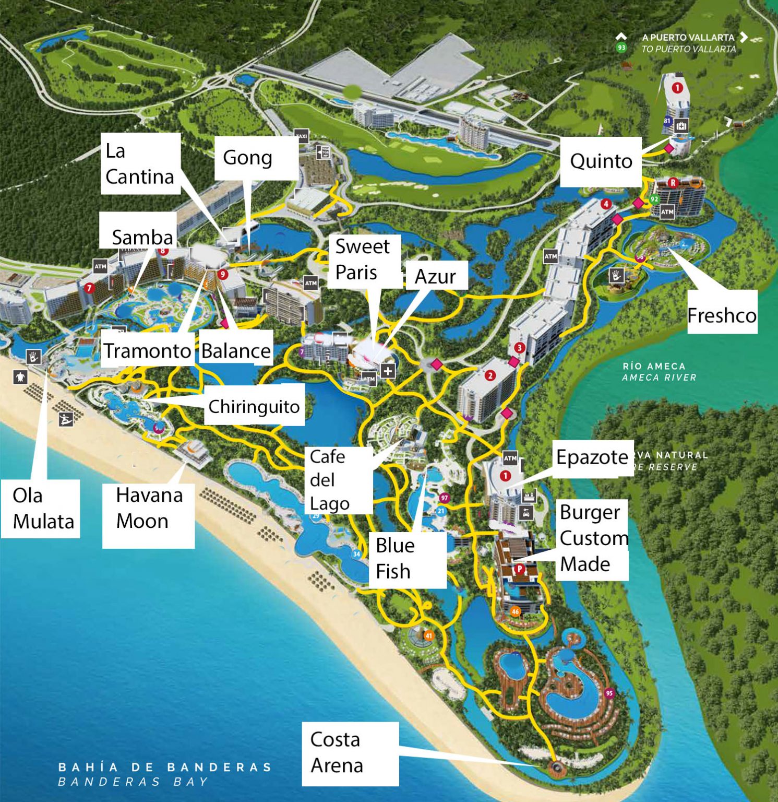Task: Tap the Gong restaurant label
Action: pos(248,158)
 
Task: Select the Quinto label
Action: pos(601,161)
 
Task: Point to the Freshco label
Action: pos(722,315)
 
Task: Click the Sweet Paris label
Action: pos(363,260)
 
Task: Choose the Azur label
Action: pos(435,276)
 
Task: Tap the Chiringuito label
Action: pos(254,406)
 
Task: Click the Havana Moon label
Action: pos(149,508)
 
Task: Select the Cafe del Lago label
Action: pos(330,480)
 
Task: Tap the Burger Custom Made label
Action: pos(592,538)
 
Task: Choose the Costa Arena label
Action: pos(337,752)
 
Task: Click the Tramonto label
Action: pos(147,350)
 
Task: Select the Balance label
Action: pos(236,351)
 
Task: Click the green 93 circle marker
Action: pos(621,48)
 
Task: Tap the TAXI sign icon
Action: pos(302,136)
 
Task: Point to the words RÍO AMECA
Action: pos(653,366)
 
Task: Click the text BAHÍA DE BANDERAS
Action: pos(165,767)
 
